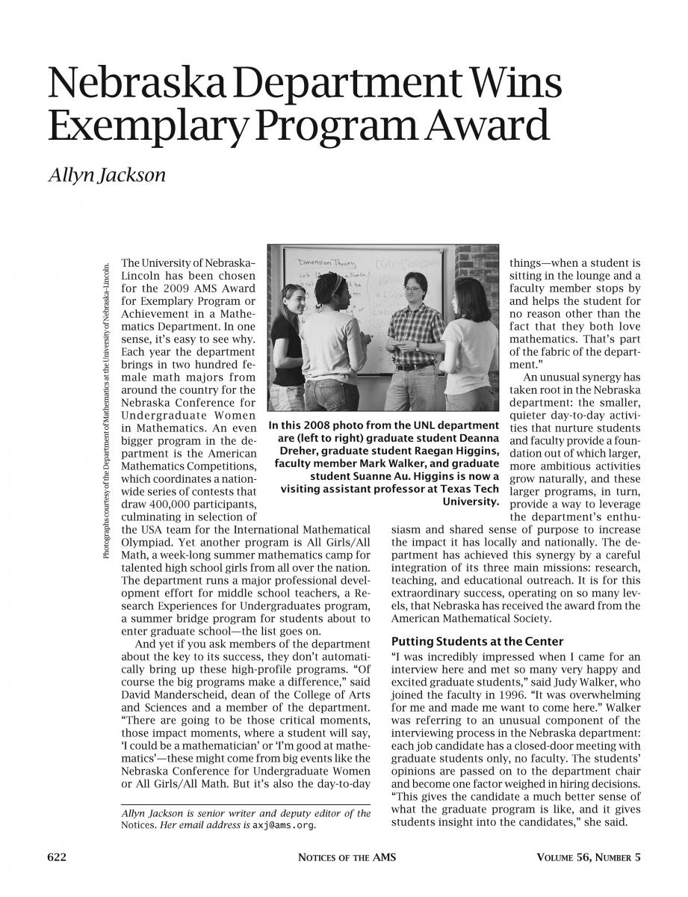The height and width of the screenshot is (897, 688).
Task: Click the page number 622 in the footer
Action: (58, 857)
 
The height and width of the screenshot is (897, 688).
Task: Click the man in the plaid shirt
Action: (412, 328)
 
